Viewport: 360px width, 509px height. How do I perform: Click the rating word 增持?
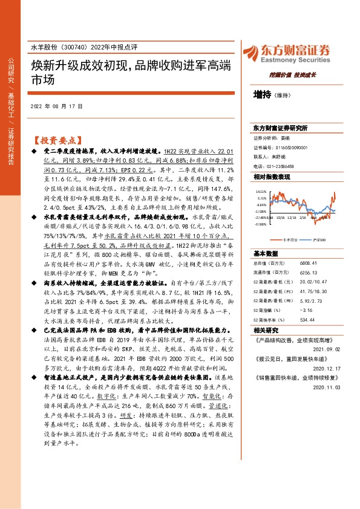pyautogui.click(x=262, y=95)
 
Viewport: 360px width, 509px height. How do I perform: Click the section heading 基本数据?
pyautogui.click(x=264, y=253)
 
